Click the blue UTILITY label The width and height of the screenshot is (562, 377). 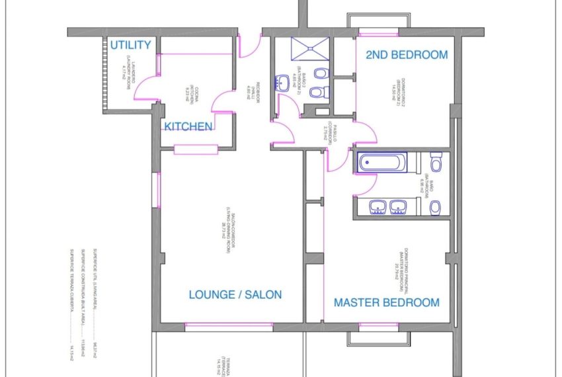(x=130, y=45)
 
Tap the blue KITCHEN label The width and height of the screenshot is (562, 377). (x=188, y=126)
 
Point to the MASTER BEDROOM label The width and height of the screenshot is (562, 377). (x=386, y=302)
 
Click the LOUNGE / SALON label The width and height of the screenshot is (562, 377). (x=235, y=294)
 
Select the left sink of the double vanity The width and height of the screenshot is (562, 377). (x=378, y=208)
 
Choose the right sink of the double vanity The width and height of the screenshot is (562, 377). (x=399, y=208)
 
